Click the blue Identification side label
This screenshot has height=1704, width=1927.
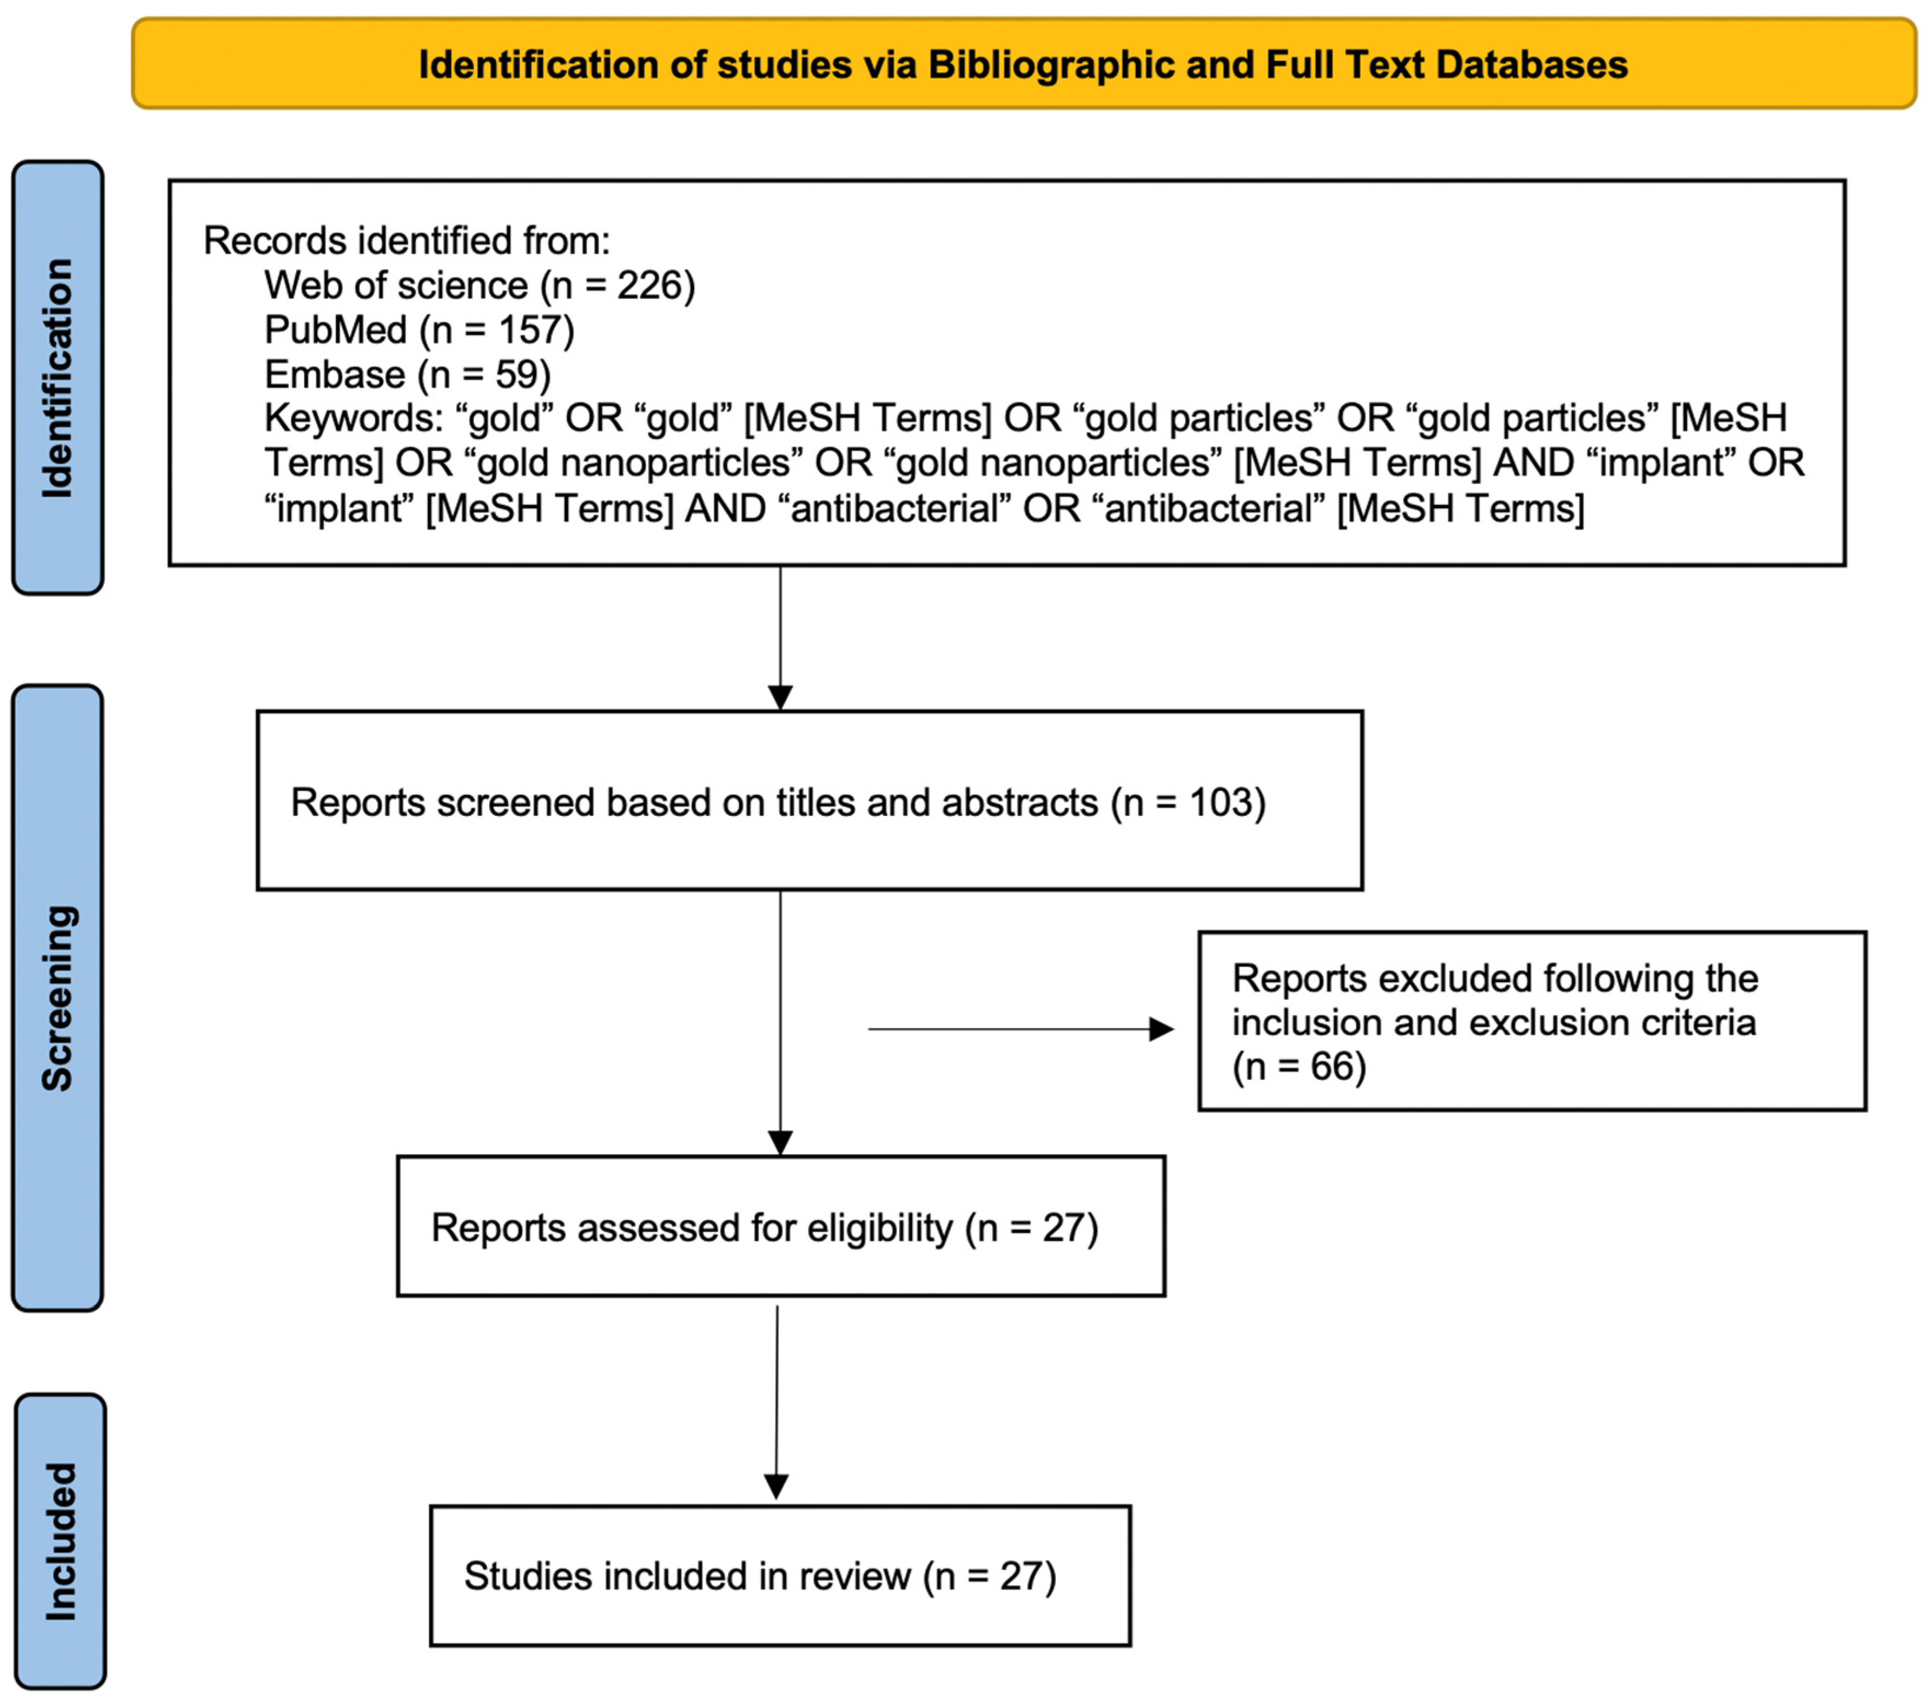(x=58, y=377)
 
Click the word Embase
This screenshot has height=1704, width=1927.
(x=335, y=374)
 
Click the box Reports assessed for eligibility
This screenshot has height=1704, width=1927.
(x=781, y=1226)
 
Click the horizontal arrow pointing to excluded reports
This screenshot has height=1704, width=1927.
(x=1018, y=1029)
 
